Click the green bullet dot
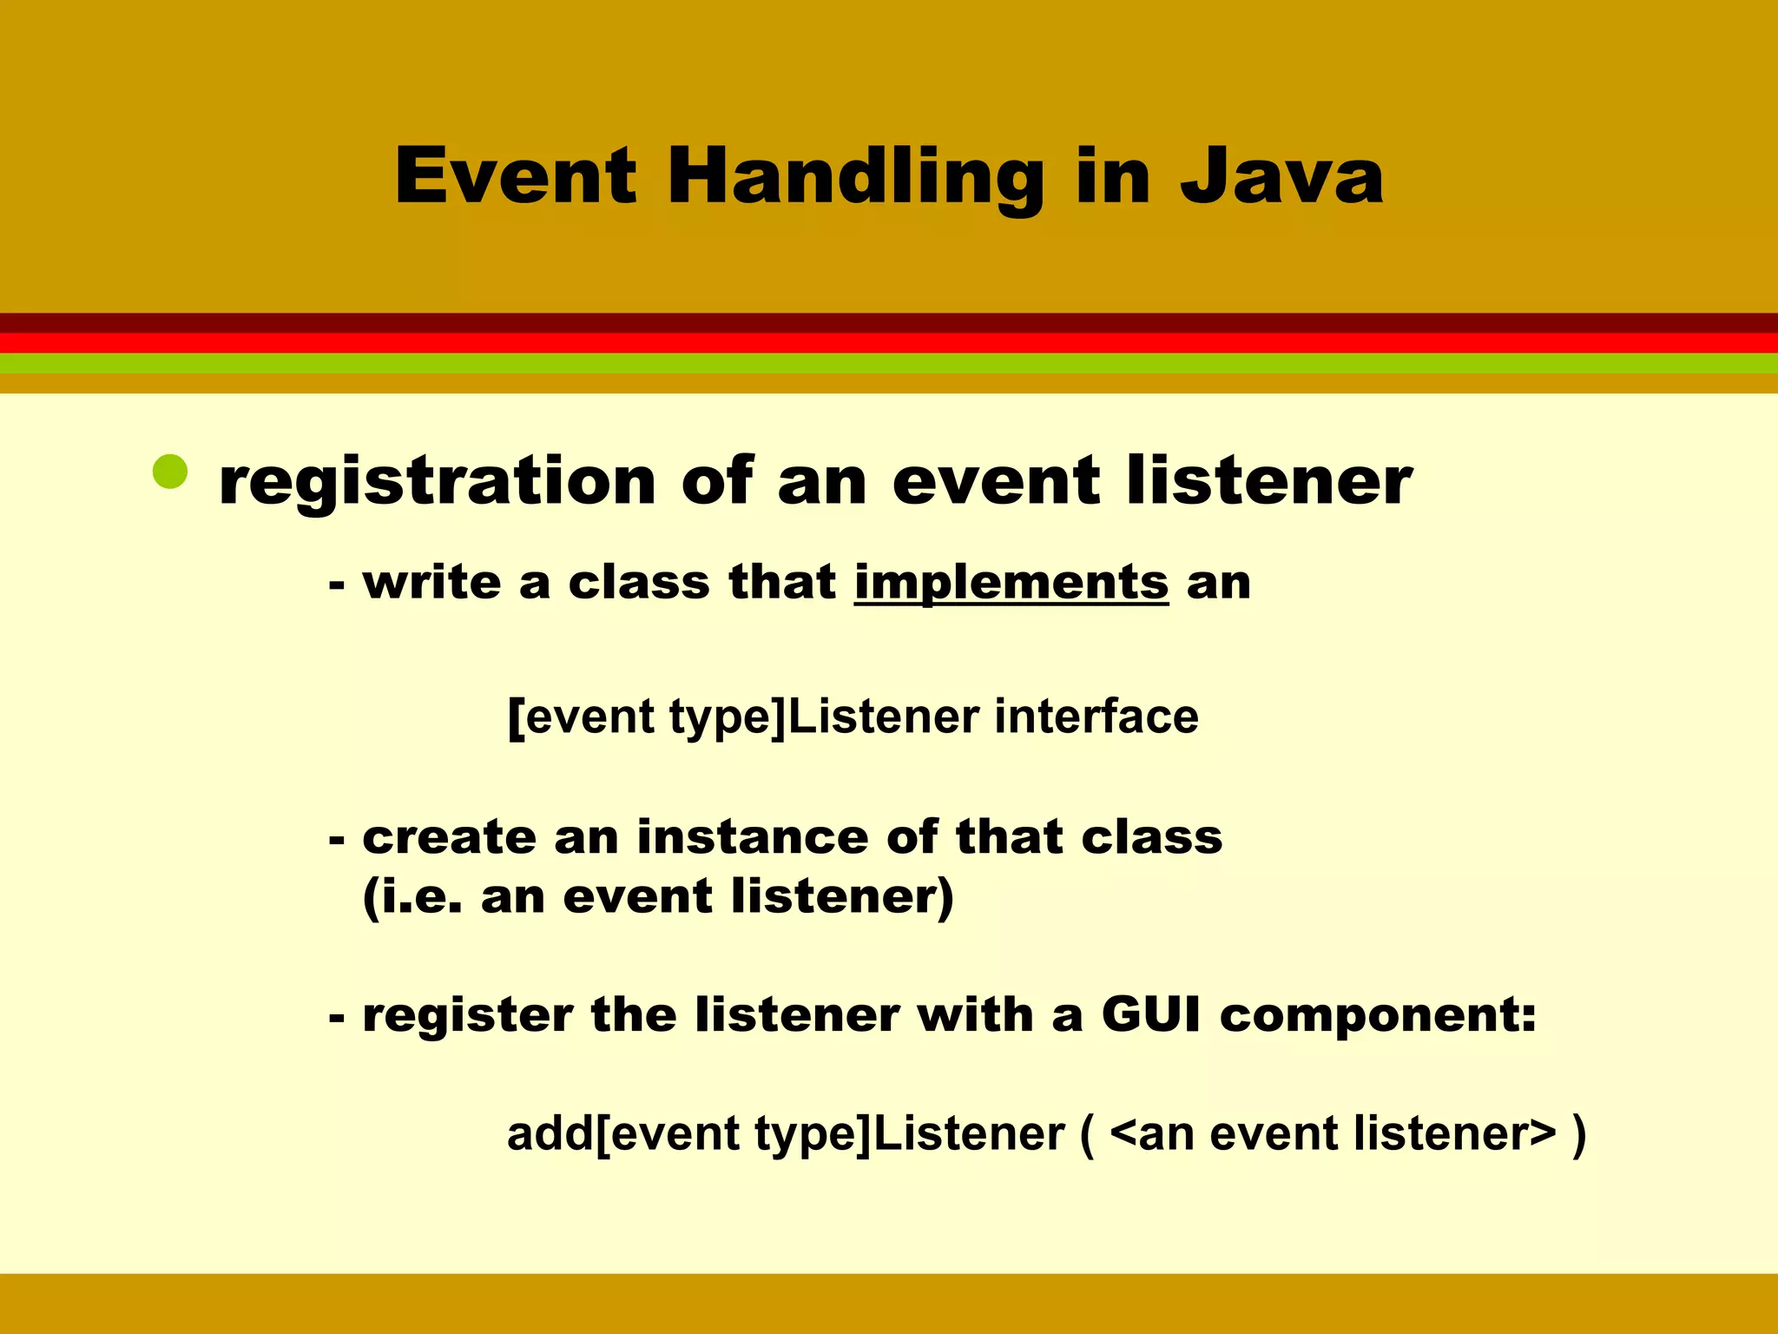(x=170, y=472)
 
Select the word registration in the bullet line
(x=437, y=483)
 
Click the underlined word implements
(x=1011, y=583)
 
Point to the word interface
(x=1096, y=717)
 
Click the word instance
(x=752, y=837)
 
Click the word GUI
(x=1151, y=1014)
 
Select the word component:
(x=1378, y=1016)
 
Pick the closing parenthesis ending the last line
(x=1578, y=1134)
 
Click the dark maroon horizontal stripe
(x=889, y=323)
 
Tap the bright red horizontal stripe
(x=889, y=343)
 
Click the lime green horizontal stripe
(x=889, y=363)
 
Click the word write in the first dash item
(x=431, y=582)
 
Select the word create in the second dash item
(x=449, y=838)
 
